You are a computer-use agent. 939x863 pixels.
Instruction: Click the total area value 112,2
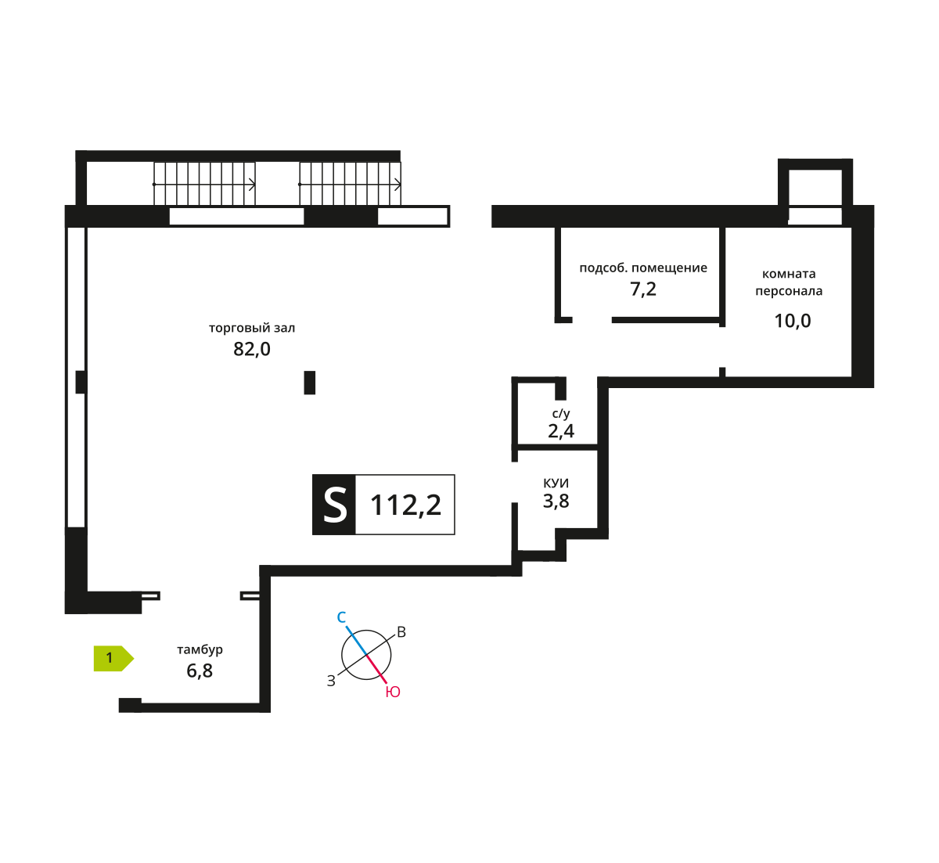(405, 505)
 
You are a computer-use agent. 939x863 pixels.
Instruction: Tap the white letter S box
(334, 505)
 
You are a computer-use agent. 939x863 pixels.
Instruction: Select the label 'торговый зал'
(252, 328)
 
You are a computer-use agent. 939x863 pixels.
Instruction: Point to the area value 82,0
(252, 349)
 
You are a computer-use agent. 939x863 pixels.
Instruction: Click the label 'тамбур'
(200, 649)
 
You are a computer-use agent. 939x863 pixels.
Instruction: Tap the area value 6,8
(200, 671)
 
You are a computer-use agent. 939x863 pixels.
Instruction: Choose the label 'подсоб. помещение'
(643, 268)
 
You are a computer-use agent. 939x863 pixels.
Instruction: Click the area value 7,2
(643, 289)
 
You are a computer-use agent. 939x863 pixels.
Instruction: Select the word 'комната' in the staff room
(789, 274)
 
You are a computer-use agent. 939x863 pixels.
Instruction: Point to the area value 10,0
(792, 321)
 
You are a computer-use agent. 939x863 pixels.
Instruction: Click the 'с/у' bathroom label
(561, 413)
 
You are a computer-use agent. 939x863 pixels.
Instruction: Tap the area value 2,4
(561, 430)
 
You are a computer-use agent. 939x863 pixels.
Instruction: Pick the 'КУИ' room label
(556, 484)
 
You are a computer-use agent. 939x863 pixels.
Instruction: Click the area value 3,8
(556, 501)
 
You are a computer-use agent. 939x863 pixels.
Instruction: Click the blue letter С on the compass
(342, 618)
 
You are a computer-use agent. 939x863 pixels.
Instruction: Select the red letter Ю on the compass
(393, 692)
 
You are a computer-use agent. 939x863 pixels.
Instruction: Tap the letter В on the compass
(401, 632)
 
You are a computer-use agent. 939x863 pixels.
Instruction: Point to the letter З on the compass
(331, 681)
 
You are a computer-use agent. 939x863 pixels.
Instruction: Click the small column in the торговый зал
(310, 383)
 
